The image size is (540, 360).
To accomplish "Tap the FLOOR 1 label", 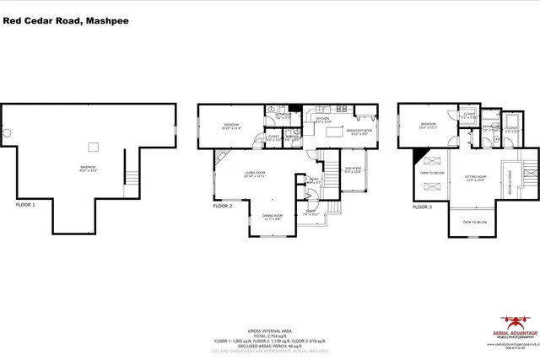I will pyautogui.click(x=28, y=204).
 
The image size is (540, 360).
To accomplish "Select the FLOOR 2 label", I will pyautogui.click(x=222, y=205).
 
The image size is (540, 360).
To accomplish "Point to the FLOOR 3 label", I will pyautogui.click(x=421, y=206).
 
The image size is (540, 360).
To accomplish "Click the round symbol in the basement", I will pyautogui.click(x=8, y=132).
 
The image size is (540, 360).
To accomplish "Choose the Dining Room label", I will pyautogui.click(x=272, y=217).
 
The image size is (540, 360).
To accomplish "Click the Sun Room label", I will pyautogui.click(x=353, y=169).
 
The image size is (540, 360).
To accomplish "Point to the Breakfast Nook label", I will pyautogui.click(x=360, y=132).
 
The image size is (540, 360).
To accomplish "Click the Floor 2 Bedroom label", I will pyautogui.click(x=230, y=126).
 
